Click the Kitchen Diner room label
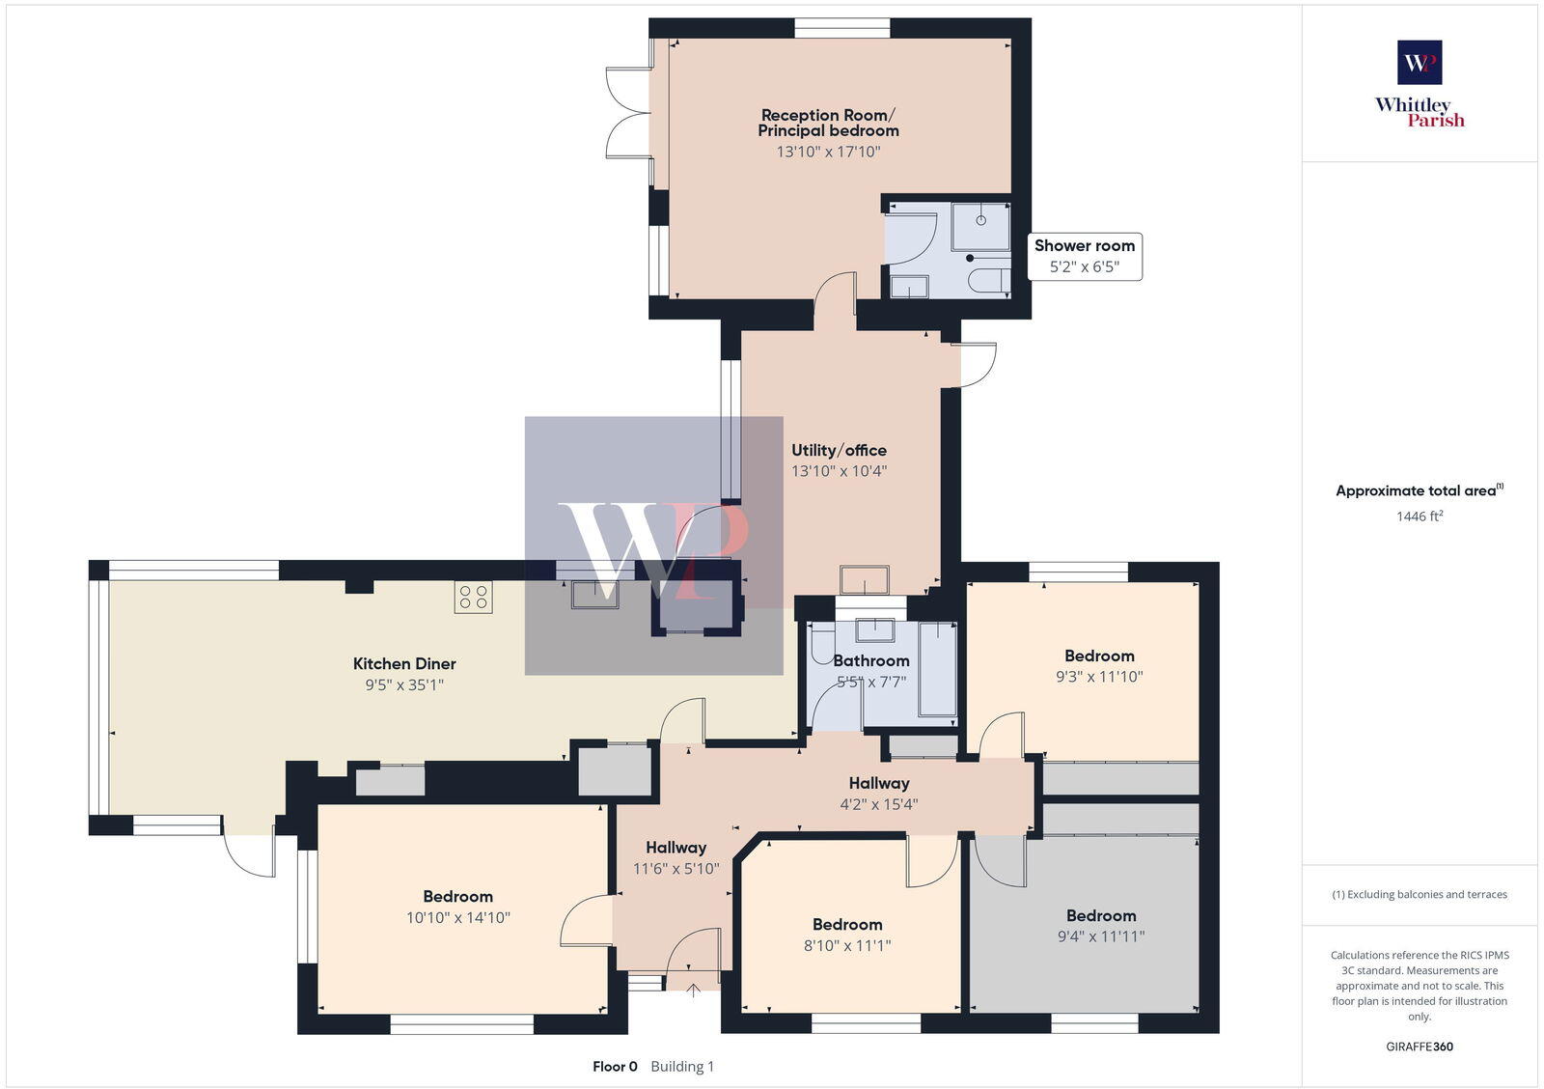404,664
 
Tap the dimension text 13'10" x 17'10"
828,152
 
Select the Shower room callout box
1085,256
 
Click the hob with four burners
474,597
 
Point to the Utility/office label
839,451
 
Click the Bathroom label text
871,661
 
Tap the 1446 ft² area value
1419,517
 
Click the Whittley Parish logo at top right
1420,85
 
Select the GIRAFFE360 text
1420,1047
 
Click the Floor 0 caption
615,1067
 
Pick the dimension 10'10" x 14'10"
457,918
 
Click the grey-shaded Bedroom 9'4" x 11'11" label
1101,916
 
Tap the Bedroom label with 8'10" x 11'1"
847,925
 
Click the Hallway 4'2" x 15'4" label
879,784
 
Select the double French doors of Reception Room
629,114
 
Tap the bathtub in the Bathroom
936,670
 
